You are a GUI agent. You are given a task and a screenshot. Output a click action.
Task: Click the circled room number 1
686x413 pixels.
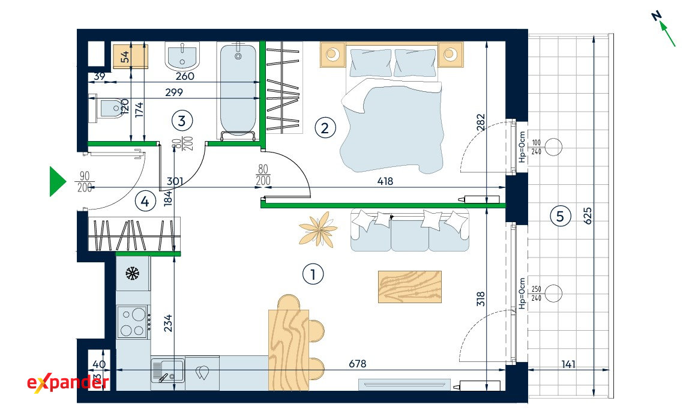pos(313,274)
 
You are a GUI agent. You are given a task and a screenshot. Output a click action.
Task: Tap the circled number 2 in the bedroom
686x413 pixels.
pos(325,128)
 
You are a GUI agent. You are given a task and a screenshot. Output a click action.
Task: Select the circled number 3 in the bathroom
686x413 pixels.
pos(182,120)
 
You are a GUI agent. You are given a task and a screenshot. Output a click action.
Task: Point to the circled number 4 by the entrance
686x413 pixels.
pos(145,201)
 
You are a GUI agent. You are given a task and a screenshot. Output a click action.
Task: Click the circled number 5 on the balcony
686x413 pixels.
pos(561,216)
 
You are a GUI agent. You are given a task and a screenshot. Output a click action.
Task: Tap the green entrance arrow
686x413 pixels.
pos(57,181)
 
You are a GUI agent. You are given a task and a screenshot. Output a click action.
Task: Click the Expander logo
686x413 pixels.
pos(68,383)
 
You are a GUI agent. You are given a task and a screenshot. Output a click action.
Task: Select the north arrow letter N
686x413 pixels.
pos(656,16)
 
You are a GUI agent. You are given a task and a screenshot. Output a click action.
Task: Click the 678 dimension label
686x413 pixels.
pos(358,364)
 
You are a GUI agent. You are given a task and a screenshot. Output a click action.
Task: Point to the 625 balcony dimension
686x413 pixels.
pos(588,216)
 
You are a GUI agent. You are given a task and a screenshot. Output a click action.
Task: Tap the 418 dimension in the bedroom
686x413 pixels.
pos(385,181)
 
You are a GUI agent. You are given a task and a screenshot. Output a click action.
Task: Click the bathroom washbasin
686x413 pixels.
pos(182,56)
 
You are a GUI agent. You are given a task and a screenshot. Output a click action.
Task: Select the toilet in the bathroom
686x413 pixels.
pos(106,108)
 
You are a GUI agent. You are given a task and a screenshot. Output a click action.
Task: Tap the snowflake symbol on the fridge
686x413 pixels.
pos(132,274)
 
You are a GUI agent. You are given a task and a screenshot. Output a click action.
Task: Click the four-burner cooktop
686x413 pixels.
pos(133,322)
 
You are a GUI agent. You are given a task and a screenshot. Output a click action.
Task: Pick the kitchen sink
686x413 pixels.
pos(168,370)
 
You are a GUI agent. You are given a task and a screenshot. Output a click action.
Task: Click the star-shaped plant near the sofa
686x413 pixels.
pos(318,229)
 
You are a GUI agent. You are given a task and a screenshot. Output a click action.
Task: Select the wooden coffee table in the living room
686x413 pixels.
pos(410,286)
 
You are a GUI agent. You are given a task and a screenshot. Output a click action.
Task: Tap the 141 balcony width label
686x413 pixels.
pos(568,364)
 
